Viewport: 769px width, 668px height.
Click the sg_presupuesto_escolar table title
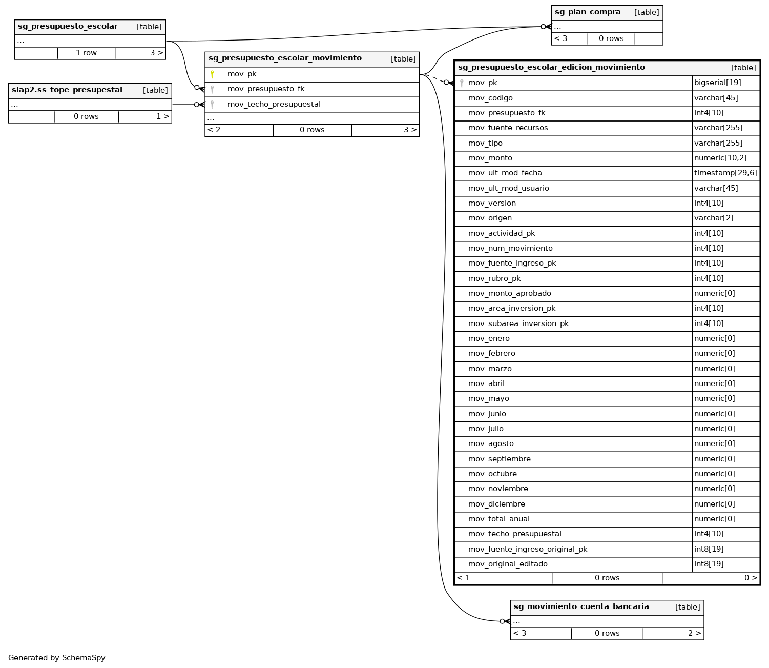pyautogui.click(x=68, y=27)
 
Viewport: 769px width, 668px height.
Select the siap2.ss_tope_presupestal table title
pyautogui.click(x=67, y=90)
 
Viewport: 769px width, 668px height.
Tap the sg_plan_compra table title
pyautogui.click(x=588, y=12)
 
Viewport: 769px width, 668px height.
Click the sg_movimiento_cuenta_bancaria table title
pyautogui.click(x=581, y=607)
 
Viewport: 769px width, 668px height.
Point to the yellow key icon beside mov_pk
pyautogui.click(x=212, y=74)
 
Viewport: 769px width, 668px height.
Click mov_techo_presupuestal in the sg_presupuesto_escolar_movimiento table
pyautogui.click(x=274, y=105)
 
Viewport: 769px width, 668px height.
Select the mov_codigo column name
pyautogui.click(x=490, y=98)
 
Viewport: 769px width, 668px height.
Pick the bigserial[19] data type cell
pyautogui.click(x=717, y=83)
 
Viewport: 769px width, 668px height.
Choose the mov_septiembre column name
pyautogui.click(x=499, y=459)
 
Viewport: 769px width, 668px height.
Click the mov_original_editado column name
pyautogui.click(x=508, y=564)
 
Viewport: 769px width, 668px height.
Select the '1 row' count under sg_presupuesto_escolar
pyautogui.click(x=86, y=53)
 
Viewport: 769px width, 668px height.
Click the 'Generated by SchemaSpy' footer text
pyautogui.click(x=56, y=658)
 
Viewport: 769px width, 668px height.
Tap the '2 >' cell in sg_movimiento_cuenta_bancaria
pyautogui.click(x=694, y=634)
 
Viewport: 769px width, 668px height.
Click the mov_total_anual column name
pyautogui.click(x=498, y=519)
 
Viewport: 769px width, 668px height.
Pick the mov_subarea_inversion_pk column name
pyautogui.click(x=518, y=323)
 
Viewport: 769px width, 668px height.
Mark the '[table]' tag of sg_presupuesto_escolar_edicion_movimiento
pyautogui.click(x=743, y=68)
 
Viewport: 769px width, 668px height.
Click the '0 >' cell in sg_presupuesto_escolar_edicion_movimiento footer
pyautogui.click(x=751, y=578)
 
